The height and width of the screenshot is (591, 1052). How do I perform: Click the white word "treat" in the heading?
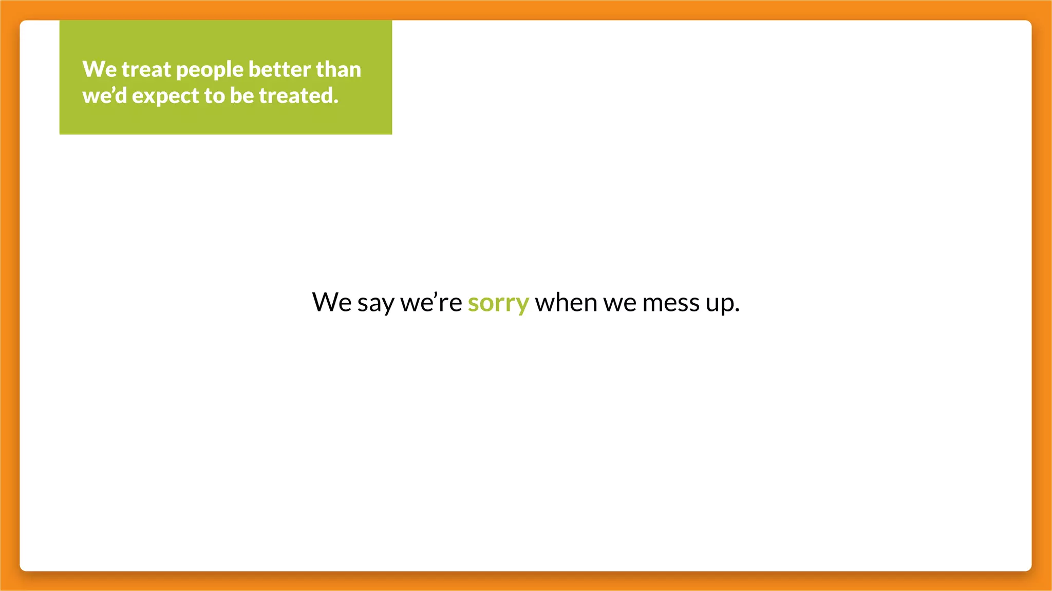click(x=146, y=70)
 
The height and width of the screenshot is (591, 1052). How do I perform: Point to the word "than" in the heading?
click(x=339, y=70)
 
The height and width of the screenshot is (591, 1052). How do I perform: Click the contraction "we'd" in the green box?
click(x=104, y=96)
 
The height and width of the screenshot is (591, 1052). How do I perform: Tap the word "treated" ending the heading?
click(x=297, y=96)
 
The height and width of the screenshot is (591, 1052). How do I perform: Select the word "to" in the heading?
click(x=214, y=96)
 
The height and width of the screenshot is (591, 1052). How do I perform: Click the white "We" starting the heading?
click(x=99, y=70)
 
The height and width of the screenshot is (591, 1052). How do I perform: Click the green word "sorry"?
click(x=498, y=303)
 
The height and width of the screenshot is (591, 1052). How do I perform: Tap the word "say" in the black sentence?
click(x=375, y=303)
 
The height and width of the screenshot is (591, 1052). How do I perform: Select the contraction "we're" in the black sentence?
click(x=431, y=302)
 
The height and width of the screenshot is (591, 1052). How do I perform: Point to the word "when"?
click(x=566, y=302)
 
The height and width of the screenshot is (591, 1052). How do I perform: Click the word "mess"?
click(x=670, y=302)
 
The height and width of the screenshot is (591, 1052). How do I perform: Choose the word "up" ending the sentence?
click(x=719, y=303)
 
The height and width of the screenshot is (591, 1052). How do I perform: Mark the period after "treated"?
click(x=336, y=102)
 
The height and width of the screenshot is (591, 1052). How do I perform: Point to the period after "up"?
click(x=737, y=310)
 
